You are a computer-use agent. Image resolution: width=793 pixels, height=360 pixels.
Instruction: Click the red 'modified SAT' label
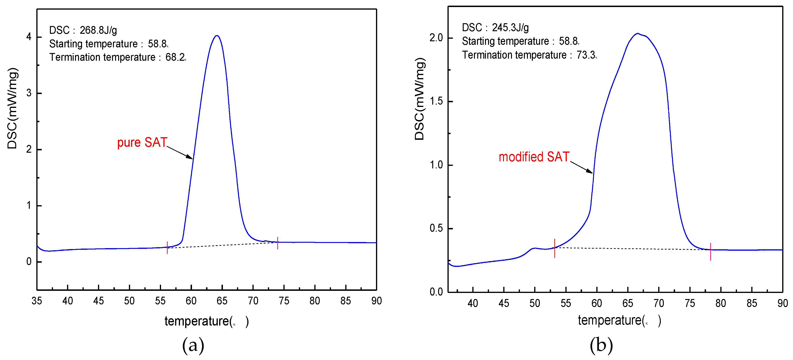tap(534, 157)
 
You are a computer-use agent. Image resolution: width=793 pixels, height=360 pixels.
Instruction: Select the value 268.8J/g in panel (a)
tap(98, 30)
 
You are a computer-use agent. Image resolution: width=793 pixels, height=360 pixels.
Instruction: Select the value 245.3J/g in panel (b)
tap(510, 28)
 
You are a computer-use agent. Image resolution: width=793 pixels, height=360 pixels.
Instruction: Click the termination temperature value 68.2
tap(175, 57)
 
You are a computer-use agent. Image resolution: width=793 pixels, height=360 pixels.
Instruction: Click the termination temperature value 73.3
tap(586, 55)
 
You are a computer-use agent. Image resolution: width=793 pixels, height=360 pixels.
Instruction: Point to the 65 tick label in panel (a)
tap(222, 301)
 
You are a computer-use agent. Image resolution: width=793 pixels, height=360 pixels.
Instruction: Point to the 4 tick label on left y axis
tap(29, 37)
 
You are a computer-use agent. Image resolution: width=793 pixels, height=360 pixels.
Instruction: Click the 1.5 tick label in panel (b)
tap(436, 101)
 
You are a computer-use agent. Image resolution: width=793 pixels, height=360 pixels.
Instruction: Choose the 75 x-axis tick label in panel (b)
tap(690, 303)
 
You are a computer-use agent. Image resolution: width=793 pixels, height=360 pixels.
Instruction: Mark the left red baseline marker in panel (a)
tap(167, 248)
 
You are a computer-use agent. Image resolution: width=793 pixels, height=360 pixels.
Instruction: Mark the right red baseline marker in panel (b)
tap(710, 252)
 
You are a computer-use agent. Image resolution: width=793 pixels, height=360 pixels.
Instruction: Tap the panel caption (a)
tap(193, 345)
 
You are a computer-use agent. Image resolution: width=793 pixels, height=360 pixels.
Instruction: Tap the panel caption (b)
tap(601, 345)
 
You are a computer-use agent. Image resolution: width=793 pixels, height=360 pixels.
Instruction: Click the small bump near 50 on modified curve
tap(535, 248)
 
